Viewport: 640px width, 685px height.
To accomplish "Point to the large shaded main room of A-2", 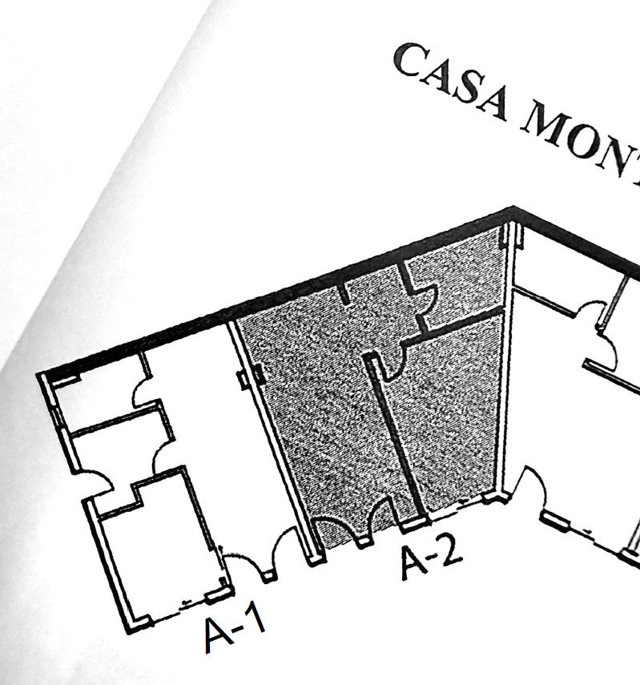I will (320, 417).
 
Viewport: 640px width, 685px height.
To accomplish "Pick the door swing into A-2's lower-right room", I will (392, 361).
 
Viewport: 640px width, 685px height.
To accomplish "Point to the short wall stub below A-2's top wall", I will (345, 292).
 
